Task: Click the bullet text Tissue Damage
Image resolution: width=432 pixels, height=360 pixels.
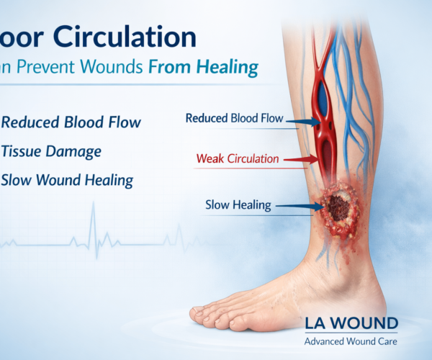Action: pyautogui.click(x=51, y=151)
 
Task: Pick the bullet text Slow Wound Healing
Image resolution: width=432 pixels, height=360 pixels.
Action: pyautogui.click(x=66, y=180)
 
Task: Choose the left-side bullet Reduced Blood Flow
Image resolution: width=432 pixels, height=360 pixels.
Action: pyautogui.click(x=71, y=122)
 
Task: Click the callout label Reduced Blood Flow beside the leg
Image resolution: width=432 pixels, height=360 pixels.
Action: pyautogui.click(x=234, y=118)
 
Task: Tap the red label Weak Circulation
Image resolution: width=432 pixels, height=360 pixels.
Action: pyautogui.click(x=238, y=158)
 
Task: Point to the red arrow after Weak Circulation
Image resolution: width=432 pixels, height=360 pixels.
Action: pyautogui.click(x=302, y=158)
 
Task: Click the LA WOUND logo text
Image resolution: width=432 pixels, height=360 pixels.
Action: pyautogui.click(x=351, y=323)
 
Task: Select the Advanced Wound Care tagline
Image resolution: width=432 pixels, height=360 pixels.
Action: pyautogui.click(x=351, y=341)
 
